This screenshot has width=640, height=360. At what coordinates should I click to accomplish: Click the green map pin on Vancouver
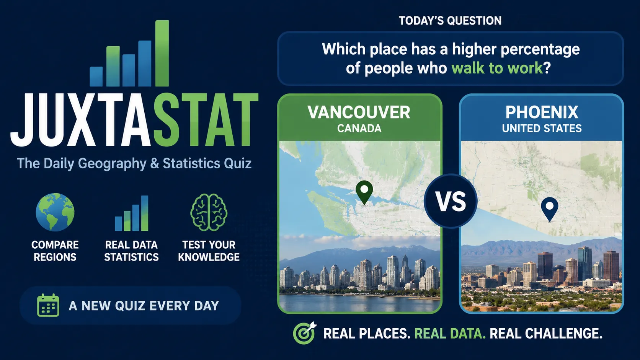(x=364, y=192)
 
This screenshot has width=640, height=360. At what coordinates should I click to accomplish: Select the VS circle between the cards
(x=451, y=201)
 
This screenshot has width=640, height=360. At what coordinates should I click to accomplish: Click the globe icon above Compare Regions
(x=55, y=212)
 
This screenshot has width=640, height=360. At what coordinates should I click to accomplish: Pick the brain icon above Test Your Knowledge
(x=209, y=212)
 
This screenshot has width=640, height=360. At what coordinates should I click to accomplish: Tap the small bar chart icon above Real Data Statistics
(x=132, y=213)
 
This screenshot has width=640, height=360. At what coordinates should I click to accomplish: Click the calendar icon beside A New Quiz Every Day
(x=48, y=305)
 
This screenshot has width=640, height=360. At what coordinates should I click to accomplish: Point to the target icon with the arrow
(x=305, y=333)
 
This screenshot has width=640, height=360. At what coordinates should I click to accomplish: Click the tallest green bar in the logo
(x=162, y=54)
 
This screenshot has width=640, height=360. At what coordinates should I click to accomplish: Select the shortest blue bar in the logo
(x=96, y=77)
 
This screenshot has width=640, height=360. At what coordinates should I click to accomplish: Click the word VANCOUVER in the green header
(x=359, y=112)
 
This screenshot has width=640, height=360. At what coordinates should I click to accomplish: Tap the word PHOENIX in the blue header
(x=542, y=112)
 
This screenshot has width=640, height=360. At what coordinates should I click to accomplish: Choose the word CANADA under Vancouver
(x=359, y=129)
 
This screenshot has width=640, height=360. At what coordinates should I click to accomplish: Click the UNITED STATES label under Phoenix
(x=542, y=129)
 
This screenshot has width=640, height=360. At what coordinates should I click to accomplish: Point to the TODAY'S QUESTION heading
(x=450, y=21)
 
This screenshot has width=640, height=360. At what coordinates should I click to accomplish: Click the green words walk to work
(x=497, y=68)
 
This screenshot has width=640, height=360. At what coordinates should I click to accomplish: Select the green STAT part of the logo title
(x=206, y=120)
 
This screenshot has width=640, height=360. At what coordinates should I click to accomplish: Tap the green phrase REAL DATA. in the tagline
(x=450, y=334)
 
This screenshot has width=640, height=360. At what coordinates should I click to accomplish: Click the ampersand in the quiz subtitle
(x=154, y=163)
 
